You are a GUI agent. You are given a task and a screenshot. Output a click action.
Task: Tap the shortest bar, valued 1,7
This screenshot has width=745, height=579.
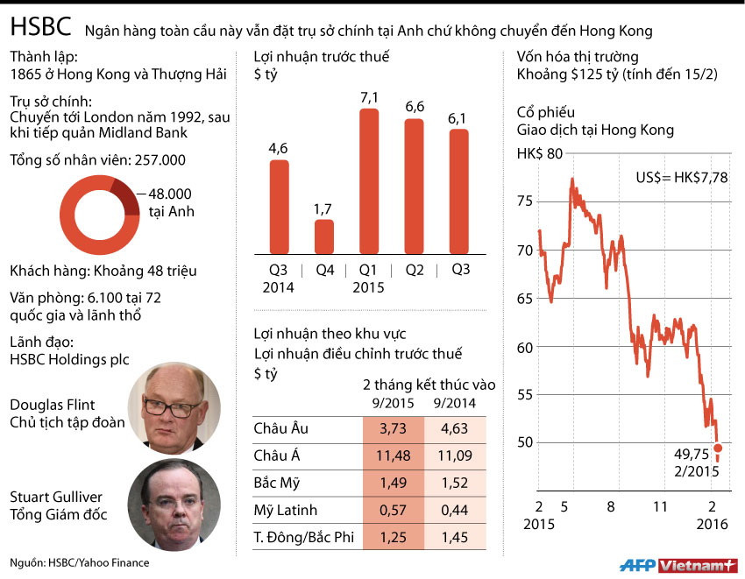[x=323, y=236]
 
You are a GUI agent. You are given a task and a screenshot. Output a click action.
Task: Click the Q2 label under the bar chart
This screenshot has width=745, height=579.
[x=415, y=270]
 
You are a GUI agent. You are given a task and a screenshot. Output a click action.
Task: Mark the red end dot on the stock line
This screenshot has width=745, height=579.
[x=719, y=448]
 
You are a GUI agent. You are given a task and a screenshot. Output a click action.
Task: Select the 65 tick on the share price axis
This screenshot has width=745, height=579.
[x=523, y=299]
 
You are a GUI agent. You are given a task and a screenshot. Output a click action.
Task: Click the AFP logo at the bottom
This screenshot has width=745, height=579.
[x=637, y=565]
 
